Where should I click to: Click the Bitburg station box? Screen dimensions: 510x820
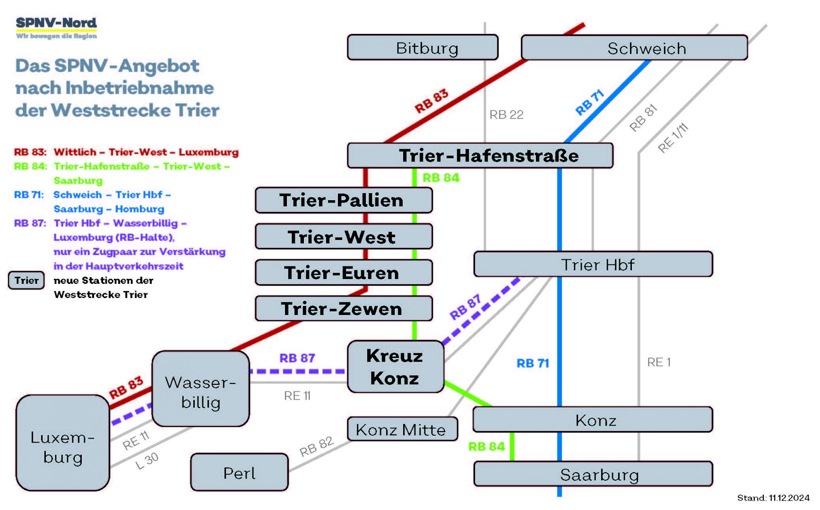coord(423,48)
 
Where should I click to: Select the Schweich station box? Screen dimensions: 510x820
coord(634,48)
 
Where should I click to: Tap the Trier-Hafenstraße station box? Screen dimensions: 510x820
coord(480,155)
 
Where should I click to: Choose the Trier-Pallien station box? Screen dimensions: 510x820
coord(344,200)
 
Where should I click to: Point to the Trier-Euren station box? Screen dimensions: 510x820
coord(344,272)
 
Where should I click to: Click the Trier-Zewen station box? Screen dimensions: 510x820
coord(344,309)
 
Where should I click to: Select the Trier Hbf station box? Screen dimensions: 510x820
coord(593,264)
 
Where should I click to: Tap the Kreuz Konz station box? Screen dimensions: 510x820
coord(395,367)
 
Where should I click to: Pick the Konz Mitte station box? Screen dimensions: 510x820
coord(402,429)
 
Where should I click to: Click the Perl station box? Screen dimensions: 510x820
coord(239,472)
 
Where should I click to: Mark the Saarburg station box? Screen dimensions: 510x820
coord(593,474)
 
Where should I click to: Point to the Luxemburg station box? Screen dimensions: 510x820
coord(63,443)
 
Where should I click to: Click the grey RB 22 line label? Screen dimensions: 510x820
coord(506,115)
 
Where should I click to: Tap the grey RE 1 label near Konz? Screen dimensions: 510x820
coord(659,362)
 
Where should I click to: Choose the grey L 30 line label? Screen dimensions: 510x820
coord(147,460)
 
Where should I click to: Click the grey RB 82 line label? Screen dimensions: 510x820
coord(316,446)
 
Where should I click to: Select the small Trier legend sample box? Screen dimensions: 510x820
coord(26,280)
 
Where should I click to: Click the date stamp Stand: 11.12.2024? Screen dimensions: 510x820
coord(773,498)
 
